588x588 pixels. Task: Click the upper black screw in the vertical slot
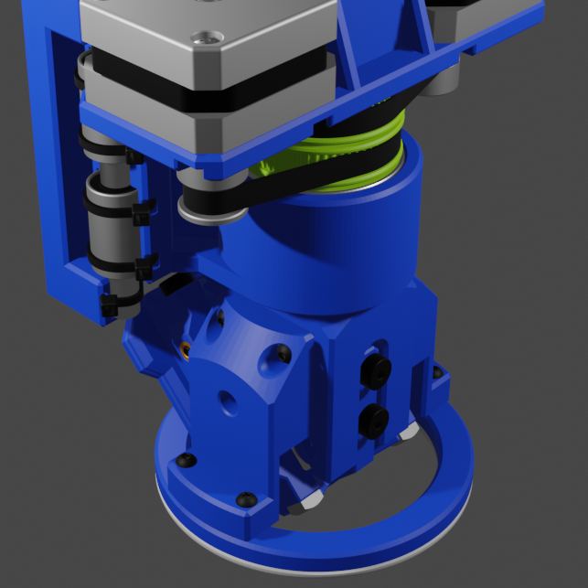point(375,369)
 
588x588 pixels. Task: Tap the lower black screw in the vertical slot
point(374,420)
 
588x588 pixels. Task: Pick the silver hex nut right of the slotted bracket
point(410,430)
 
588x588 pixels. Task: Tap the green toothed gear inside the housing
point(274,169)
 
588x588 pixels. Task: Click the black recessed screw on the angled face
point(283,352)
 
